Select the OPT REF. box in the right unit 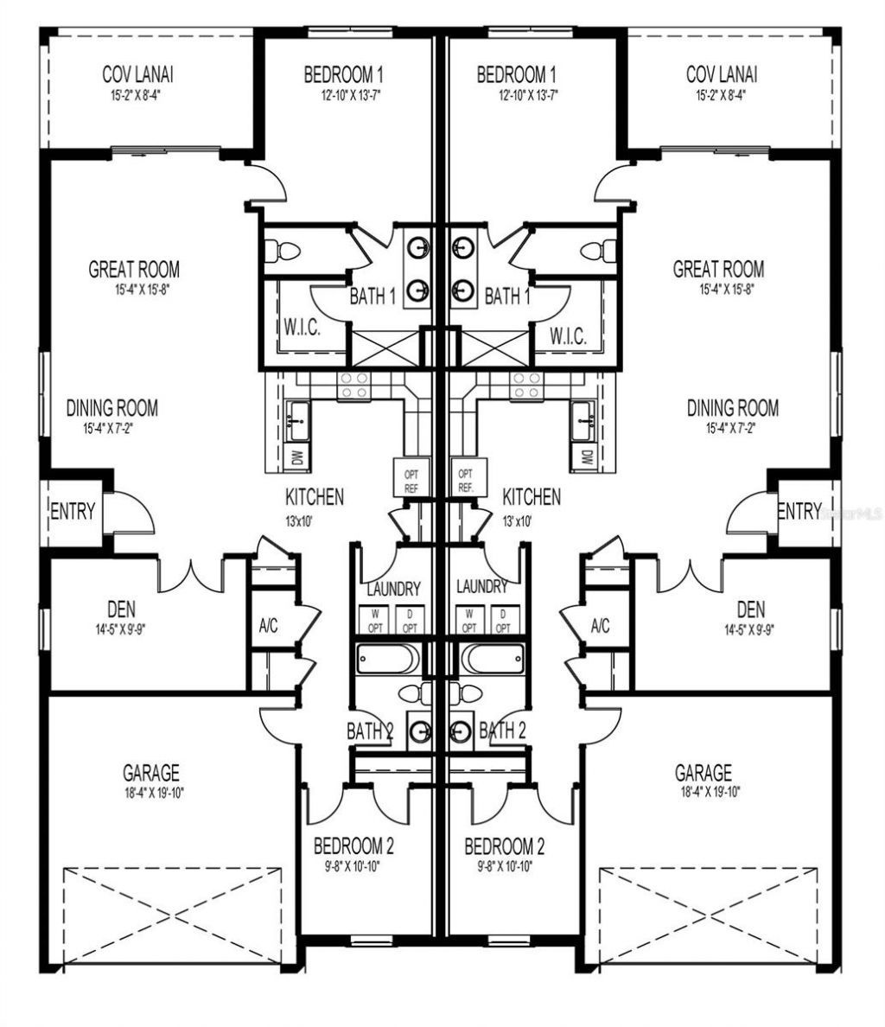tap(466, 481)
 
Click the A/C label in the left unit tap(268, 626)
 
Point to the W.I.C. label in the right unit tap(568, 336)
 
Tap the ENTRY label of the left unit tap(73, 512)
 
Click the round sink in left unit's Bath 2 tap(421, 730)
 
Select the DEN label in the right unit tap(751, 609)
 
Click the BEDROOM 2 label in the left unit tap(353, 845)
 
